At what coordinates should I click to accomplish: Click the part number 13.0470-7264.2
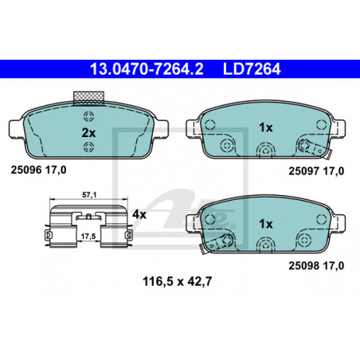147,69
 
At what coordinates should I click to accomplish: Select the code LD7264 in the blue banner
252,69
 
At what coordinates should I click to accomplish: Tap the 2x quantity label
88,133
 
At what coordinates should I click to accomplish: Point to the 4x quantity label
139,214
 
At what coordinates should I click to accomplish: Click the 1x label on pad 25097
266,127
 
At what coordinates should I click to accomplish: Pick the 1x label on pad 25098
266,224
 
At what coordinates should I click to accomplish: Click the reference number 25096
26,170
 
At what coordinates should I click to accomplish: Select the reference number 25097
304,171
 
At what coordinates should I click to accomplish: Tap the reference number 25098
304,266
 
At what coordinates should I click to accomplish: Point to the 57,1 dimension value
89,195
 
